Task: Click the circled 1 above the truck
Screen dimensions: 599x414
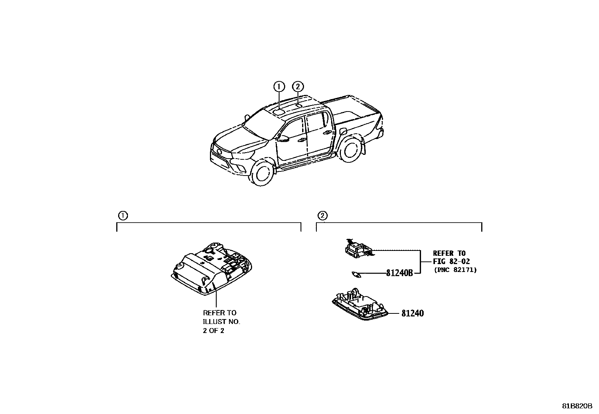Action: coord(279,87)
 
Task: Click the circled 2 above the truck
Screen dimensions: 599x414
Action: coord(298,87)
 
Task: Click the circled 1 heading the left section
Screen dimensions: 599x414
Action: coord(123,215)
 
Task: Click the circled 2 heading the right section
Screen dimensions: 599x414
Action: coord(322,215)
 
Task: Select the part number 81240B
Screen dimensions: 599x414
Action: coord(399,273)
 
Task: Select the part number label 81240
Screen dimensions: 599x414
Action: coord(412,313)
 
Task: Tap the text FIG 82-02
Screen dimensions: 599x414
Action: coord(452,261)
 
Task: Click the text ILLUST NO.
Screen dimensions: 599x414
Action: coord(221,322)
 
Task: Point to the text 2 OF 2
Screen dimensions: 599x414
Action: coord(213,331)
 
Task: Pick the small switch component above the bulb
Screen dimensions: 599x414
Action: coord(357,249)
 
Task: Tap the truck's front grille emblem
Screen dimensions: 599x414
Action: coord(219,151)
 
